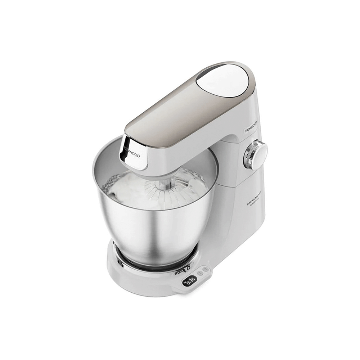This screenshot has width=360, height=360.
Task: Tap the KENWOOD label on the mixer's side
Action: tap(249, 126)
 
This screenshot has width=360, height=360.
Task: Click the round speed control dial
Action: tap(258, 155)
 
